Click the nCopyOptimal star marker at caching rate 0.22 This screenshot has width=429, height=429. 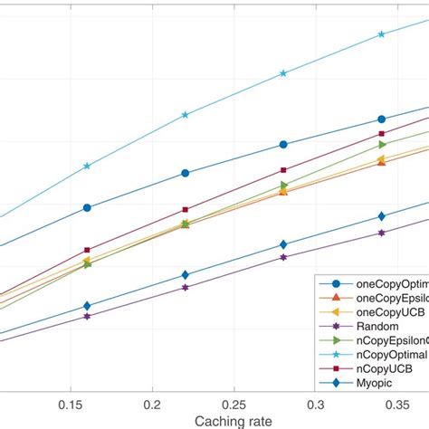pyautogui.click(x=185, y=115)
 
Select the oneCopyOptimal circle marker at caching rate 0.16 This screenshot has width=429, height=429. pyautogui.click(x=87, y=207)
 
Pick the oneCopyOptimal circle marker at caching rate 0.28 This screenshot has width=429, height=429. pyautogui.click(x=283, y=145)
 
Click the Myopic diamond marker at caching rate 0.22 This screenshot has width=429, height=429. pyautogui.click(x=185, y=275)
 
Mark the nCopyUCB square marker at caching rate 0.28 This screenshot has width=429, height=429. pyautogui.click(x=283, y=170)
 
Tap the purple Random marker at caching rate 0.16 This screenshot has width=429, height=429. pyautogui.click(x=87, y=317)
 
